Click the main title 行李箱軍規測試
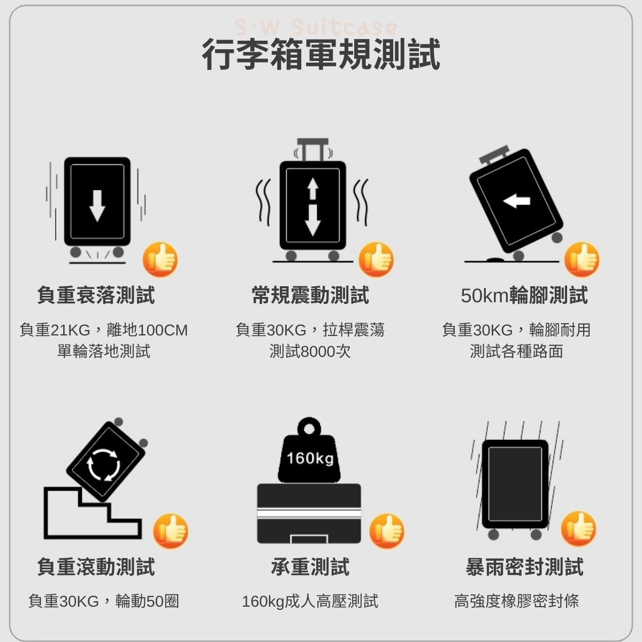point(321,54)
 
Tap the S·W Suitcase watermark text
point(316,27)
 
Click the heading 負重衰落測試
point(96,295)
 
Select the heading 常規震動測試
point(310,295)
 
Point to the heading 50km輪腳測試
point(524,295)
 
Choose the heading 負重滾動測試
point(96,567)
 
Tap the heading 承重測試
point(310,567)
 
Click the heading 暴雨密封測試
point(524,567)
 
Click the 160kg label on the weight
point(310,458)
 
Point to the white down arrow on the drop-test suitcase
point(97,206)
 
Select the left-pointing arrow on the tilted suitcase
point(516,201)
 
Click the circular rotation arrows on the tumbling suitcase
point(104,465)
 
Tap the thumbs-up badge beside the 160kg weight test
point(387,531)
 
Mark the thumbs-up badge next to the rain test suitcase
point(579,529)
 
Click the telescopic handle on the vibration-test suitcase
point(313,150)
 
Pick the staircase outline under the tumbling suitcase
point(93,513)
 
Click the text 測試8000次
point(310,351)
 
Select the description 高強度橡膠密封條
point(517,601)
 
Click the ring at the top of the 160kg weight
point(309,427)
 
